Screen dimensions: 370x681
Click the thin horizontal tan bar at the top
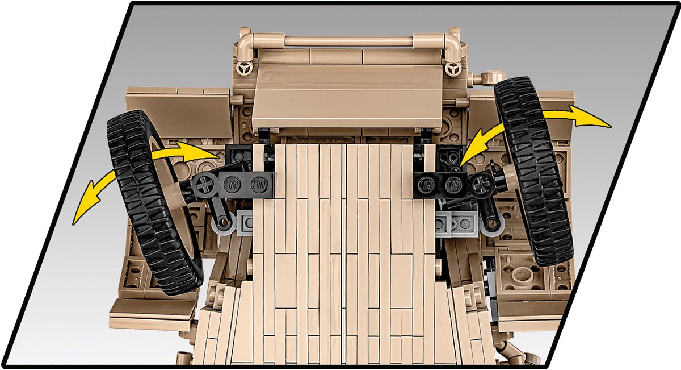348,41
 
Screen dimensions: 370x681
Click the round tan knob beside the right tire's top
489,77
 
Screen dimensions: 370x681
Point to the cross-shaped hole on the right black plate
484,183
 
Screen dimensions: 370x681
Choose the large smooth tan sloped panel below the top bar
346,97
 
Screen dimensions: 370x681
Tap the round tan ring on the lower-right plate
521,277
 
